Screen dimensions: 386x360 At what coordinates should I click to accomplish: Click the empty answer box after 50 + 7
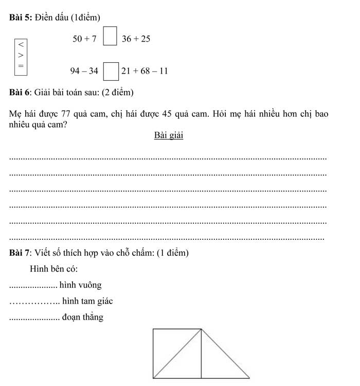(109, 39)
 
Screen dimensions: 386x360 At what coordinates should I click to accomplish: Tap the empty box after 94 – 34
(109, 71)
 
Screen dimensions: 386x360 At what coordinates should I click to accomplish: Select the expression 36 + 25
(136, 39)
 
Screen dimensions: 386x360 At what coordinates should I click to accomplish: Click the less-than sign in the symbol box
(21, 42)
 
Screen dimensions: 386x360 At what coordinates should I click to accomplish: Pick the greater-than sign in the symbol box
(21, 54)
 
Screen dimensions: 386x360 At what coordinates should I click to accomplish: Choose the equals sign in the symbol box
(21, 65)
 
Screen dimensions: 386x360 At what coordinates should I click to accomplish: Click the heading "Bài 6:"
(21, 93)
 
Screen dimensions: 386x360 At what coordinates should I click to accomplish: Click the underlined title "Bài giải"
(168, 135)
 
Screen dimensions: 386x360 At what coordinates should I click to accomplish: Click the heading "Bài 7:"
(21, 253)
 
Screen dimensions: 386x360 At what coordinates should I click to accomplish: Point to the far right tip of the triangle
(249, 377)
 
